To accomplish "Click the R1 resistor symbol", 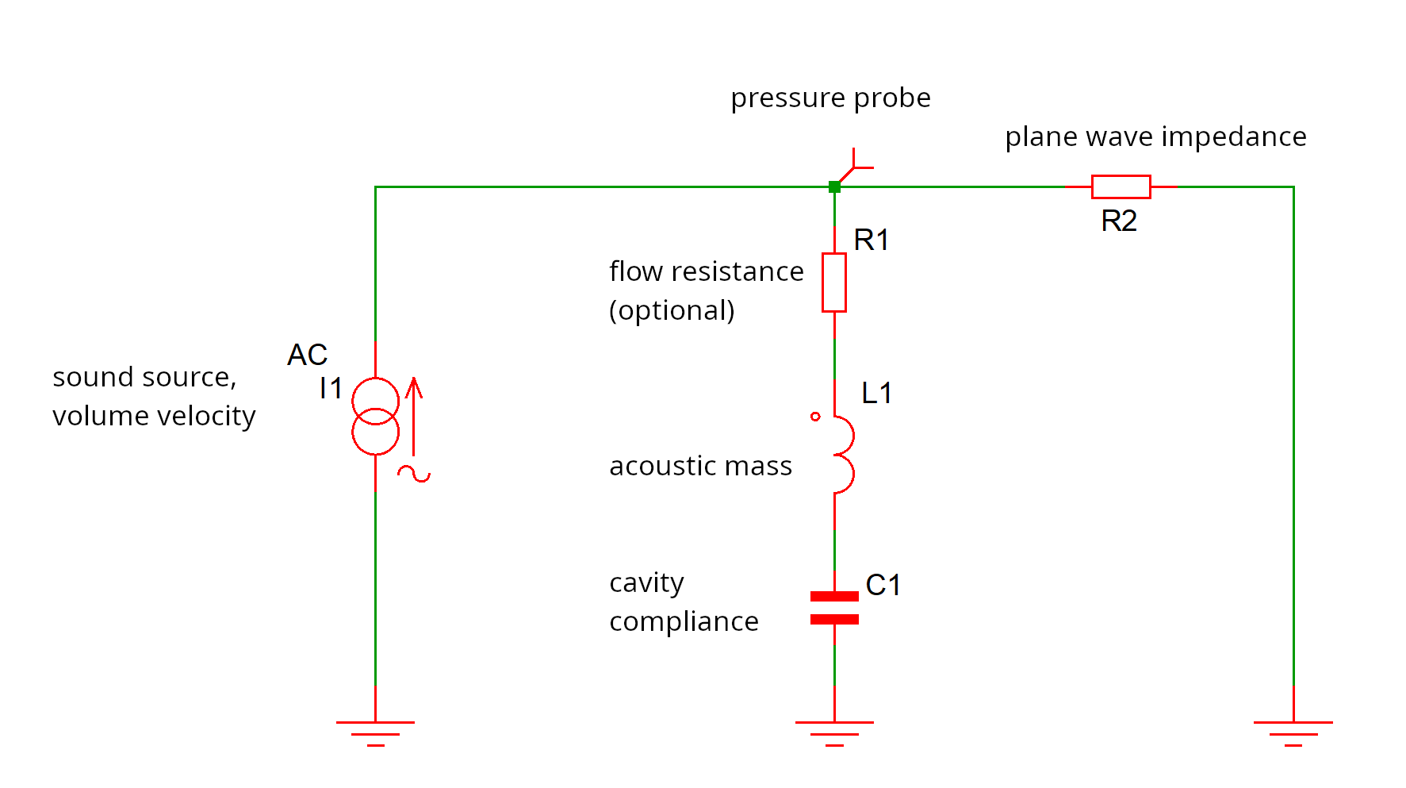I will tap(833, 283).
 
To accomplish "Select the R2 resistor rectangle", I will tap(1121, 186).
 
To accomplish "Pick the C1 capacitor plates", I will tap(834, 607).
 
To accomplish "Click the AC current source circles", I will tap(375, 416).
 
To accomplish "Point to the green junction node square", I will tap(834, 187).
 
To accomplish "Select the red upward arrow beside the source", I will tap(413, 417).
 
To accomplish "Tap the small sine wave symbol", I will tap(414, 475).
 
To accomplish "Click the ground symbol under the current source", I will tap(375, 732).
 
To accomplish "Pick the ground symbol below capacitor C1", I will tap(834, 732).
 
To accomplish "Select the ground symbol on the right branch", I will tap(1293, 732).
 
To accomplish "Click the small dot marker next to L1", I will tap(815, 416).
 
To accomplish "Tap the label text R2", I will tap(1119, 221).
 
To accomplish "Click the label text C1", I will tap(883, 585).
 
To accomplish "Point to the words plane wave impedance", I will tap(1155, 136).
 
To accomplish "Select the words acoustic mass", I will tap(700, 466).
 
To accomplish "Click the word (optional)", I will tap(672, 310).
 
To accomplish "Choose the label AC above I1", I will tap(307, 355).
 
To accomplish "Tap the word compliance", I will tap(684, 621).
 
